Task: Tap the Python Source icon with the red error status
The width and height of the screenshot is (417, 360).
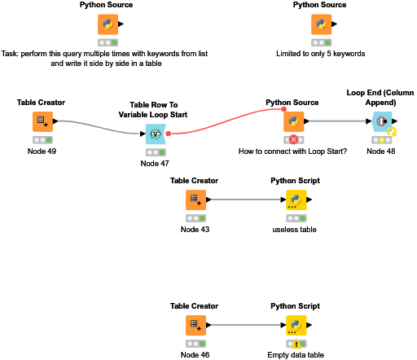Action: pyautogui.click(x=293, y=122)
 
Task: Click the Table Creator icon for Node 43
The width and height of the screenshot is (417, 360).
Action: pyautogui.click(x=194, y=200)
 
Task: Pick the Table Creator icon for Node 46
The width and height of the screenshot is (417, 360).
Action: pyautogui.click(x=194, y=325)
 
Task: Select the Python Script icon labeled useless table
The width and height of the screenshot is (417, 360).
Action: pyautogui.click(x=295, y=200)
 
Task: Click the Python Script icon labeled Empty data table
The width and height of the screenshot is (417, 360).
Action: pyautogui.click(x=295, y=325)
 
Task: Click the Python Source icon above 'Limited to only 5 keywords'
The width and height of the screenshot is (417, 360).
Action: pyautogui.click(x=321, y=24)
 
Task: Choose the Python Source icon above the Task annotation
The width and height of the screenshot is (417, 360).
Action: pyautogui.click(x=107, y=24)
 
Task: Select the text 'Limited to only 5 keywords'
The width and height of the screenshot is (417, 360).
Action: pyautogui.click(x=321, y=54)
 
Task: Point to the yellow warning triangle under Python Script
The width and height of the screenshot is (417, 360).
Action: pyautogui.click(x=295, y=344)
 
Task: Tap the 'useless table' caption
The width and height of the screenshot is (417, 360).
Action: pyautogui.click(x=295, y=230)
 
